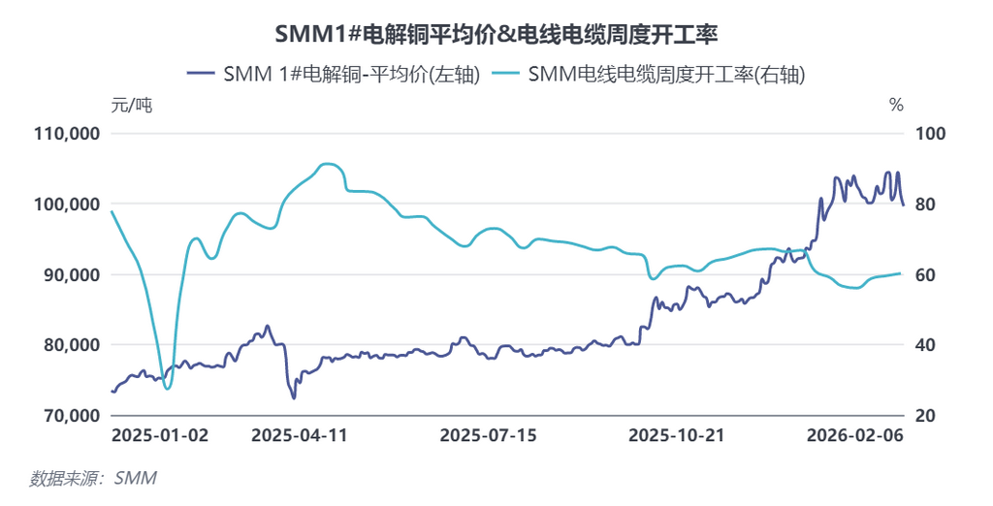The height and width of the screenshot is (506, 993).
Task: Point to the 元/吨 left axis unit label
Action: point(132,106)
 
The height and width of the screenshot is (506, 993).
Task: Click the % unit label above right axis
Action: point(895,106)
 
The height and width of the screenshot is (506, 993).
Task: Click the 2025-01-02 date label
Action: point(160,436)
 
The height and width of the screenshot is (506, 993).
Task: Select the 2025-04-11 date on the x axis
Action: point(300,436)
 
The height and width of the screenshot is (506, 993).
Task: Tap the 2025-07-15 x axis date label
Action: point(488,436)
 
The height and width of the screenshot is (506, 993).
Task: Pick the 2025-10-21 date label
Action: point(676,436)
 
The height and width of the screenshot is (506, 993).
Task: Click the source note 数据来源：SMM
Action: point(93,478)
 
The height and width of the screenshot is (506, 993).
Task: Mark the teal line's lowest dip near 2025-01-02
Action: point(168,388)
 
